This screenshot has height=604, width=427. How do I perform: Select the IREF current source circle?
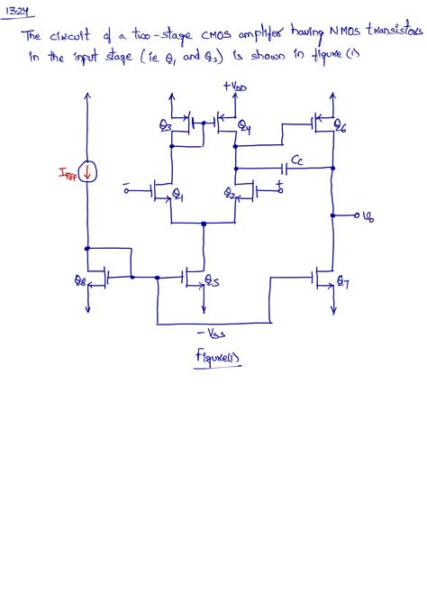click(x=87, y=169)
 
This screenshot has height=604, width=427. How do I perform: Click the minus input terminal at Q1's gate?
click(x=128, y=190)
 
